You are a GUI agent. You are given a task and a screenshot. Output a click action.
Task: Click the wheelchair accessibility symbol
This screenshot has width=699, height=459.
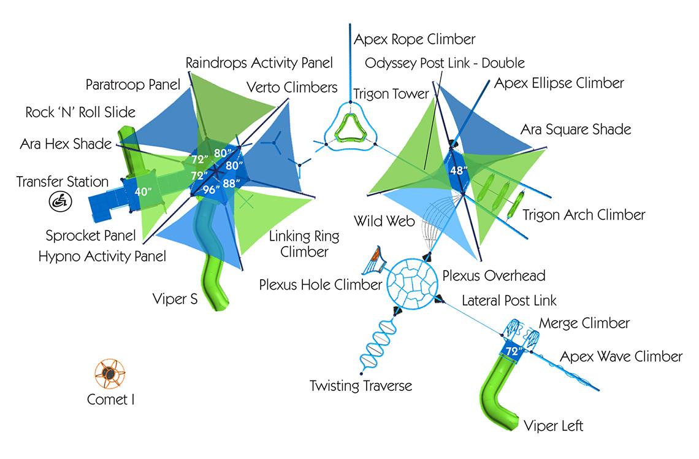click(x=61, y=201)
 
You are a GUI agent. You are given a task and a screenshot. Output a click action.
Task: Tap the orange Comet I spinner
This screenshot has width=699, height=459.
click(x=110, y=374)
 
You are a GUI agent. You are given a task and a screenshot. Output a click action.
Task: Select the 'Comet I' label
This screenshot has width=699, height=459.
click(x=110, y=399)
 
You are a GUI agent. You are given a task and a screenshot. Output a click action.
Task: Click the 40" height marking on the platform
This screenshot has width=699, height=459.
click(x=143, y=191)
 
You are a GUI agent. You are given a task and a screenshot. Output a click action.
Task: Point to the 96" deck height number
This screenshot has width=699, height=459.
click(x=211, y=190)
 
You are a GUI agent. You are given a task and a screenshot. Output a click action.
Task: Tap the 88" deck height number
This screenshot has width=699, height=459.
click(x=231, y=183)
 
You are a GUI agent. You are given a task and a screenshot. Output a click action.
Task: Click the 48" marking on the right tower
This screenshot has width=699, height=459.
click(x=459, y=170)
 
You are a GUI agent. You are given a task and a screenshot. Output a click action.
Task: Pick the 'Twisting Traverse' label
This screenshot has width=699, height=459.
click(x=361, y=385)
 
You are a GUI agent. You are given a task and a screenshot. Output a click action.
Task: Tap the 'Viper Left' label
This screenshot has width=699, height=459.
click(x=553, y=425)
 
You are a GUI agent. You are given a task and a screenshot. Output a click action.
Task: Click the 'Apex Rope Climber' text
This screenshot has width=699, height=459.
click(x=414, y=39)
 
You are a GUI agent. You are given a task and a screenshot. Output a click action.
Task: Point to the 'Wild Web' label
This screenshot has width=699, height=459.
click(x=384, y=221)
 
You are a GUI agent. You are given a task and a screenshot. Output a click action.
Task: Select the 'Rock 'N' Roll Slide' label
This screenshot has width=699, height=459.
click(x=80, y=112)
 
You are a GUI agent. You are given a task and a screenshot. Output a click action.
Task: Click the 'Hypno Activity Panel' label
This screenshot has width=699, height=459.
click(x=102, y=256)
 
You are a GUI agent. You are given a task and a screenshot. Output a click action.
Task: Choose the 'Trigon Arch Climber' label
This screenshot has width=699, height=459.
click(x=584, y=215)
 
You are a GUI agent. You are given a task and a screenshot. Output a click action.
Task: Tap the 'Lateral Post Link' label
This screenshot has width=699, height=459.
click(x=509, y=300)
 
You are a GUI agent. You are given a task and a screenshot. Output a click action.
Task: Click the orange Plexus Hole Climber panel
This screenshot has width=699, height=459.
click(x=375, y=260)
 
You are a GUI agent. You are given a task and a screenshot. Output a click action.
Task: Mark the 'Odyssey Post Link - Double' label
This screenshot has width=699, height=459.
click(x=445, y=63)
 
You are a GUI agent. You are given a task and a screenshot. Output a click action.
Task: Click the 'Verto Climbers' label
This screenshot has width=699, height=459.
click(x=292, y=87)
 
